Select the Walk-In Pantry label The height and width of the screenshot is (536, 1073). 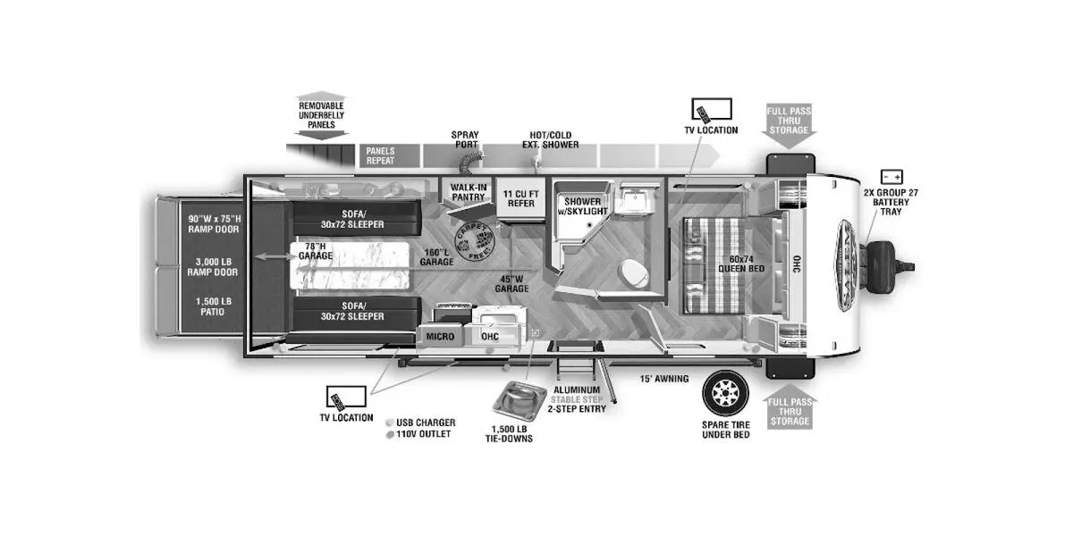pos(469,192)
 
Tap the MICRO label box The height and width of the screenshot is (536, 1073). pos(439,336)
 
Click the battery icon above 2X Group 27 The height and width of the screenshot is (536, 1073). pos(891,177)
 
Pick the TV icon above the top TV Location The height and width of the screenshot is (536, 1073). pos(711,111)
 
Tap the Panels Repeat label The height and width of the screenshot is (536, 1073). pos(380,156)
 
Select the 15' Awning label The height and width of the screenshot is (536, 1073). pos(663,379)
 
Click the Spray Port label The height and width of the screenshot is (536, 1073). pos(465,139)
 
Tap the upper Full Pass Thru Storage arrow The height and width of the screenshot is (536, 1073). pos(789,121)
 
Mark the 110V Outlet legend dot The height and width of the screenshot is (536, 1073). pos(390,434)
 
